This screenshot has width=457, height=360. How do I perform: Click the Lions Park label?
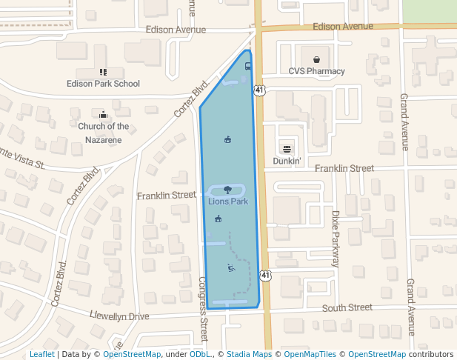click(227, 201)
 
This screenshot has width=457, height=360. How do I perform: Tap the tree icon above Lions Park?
click(227, 190)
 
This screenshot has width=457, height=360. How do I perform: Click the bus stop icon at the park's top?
click(247, 66)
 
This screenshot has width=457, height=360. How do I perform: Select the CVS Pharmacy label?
click(316, 71)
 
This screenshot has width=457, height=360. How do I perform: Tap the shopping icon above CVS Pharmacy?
click(316, 59)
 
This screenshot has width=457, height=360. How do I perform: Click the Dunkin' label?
click(287, 160)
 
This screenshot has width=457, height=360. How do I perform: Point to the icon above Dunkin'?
click(287, 149)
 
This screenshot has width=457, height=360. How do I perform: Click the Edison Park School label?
click(103, 84)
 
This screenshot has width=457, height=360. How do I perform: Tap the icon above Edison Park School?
click(103, 72)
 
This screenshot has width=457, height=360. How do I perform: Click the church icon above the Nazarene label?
click(103, 114)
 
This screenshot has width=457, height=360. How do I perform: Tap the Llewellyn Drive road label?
click(119, 316)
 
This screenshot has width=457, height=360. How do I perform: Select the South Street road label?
click(347, 307)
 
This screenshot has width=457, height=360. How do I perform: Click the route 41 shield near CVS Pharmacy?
click(258, 90)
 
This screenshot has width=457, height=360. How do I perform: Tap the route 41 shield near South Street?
click(265, 276)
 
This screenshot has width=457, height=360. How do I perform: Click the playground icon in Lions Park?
click(231, 268)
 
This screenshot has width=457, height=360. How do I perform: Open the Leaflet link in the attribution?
click(42, 354)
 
